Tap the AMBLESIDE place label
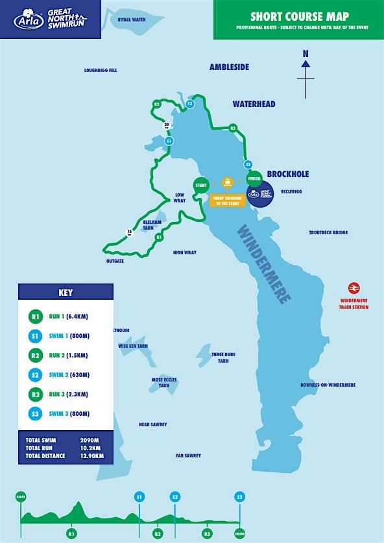(x=229, y=67)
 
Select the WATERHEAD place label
(x=254, y=104)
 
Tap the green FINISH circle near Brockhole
(x=254, y=178)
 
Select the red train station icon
(x=354, y=288)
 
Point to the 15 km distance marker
(x=130, y=232)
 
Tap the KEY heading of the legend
(x=66, y=292)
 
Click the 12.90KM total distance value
(x=91, y=455)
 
